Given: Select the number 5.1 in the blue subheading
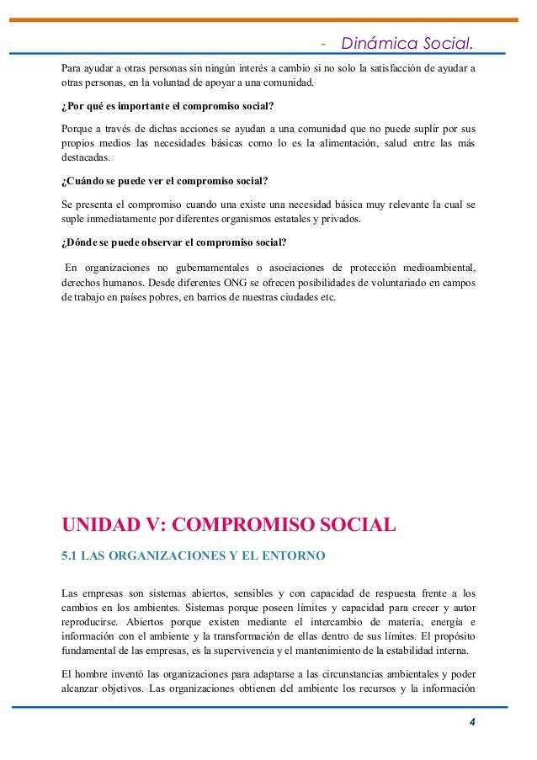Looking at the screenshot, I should [72, 556].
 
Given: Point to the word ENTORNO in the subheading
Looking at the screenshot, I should [281, 556].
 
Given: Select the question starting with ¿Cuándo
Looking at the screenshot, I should [166, 182].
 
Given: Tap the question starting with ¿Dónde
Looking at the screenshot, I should [174, 243].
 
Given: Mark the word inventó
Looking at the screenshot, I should [132, 675].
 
